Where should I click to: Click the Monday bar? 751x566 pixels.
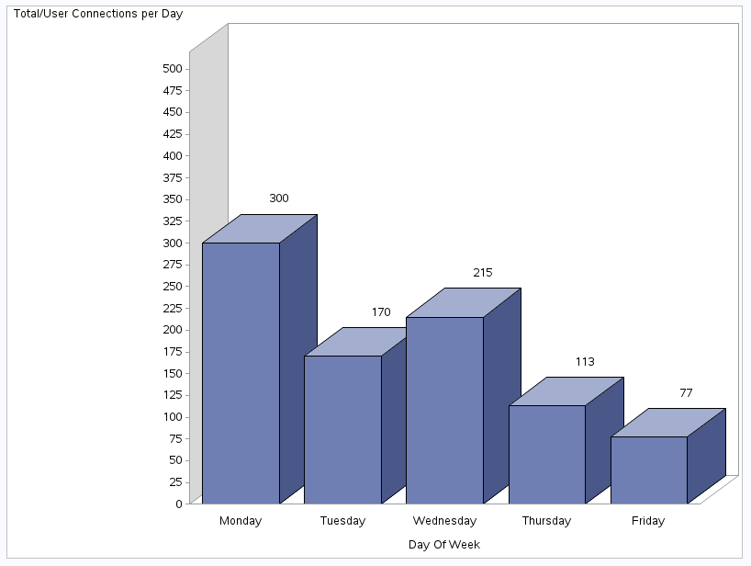point(241,372)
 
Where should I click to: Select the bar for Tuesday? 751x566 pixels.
point(342,429)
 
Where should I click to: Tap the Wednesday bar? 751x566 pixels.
point(444,410)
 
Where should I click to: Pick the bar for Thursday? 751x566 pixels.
point(547,454)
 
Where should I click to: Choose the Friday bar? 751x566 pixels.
point(649,470)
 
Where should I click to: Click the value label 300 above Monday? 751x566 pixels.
point(279,198)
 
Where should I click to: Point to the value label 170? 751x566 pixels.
point(381,312)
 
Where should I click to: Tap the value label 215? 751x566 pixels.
point(483,273)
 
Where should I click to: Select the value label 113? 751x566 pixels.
point(585,362)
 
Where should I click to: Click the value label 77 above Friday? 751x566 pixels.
point(686,393)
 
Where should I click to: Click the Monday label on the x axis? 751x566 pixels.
point(241,521)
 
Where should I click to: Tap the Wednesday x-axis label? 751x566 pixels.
point(444,521)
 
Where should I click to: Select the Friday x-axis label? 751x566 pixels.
point(648,521)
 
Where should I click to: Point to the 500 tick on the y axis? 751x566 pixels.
point(172,69)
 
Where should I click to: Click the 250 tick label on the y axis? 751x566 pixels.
point(172,286)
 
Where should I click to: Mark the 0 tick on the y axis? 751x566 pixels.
point(178,504)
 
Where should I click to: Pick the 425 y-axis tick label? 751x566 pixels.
point(172,134)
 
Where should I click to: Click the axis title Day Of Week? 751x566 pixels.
point(444,545)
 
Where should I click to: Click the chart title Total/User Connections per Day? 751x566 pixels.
point(98,14)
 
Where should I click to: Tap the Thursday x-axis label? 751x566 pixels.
point(546,521)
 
